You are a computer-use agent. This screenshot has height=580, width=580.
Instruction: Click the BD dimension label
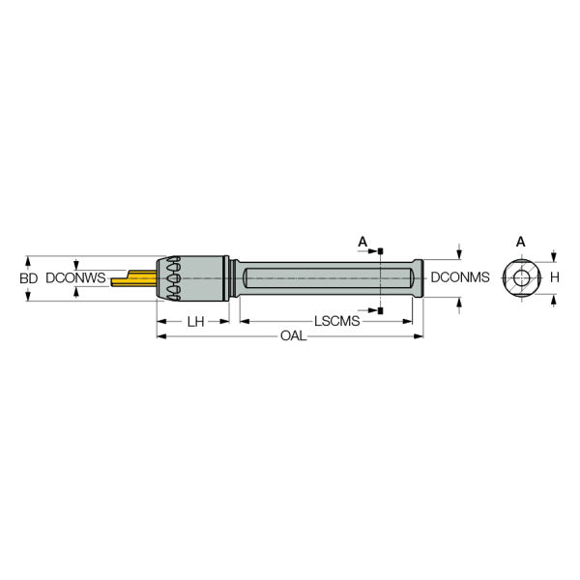point(28,278)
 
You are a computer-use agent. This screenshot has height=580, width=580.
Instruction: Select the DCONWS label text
point(75,277)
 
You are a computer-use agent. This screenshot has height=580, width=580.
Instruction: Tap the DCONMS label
point(460,277)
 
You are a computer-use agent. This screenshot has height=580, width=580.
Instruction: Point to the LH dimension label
point(195,322)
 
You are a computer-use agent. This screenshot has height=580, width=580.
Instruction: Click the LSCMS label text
point(337,321)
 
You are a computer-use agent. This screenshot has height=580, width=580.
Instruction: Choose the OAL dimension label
point(293,335)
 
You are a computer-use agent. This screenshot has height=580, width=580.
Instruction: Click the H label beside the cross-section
point(555,277)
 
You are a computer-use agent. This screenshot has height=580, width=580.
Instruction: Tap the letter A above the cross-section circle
point(520,242)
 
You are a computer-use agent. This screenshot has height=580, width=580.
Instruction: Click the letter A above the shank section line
point(362,242)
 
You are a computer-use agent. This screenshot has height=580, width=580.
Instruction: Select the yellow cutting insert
point(134,279)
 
